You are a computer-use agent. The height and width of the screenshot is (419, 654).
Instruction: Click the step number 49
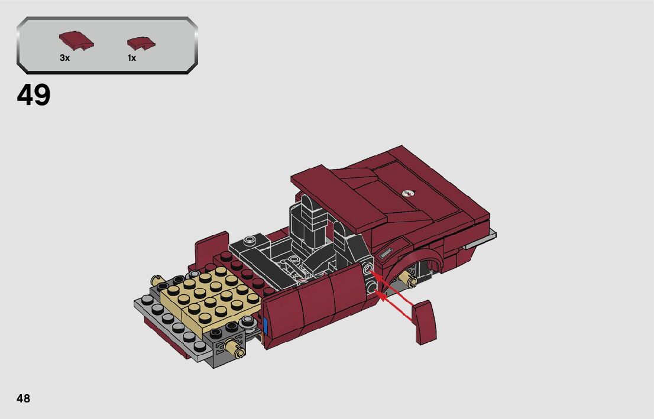tap(33, 95)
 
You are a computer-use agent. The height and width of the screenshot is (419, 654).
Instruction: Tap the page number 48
tap(24, 398)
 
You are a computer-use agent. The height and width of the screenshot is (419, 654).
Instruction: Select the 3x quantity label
tap(64, 58)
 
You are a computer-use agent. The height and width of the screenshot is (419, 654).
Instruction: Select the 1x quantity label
tap(132, 58)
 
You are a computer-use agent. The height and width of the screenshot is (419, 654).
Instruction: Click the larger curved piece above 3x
tap(76, 40)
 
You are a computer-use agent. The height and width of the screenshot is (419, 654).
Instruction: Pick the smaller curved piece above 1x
tap(141, 43)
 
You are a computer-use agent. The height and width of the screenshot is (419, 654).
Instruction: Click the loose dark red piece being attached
tap(424, 322)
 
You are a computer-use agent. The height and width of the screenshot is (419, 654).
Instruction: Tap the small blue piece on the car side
tap(266, 326)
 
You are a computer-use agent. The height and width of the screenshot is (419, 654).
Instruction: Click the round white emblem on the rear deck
tap(409, 193)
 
